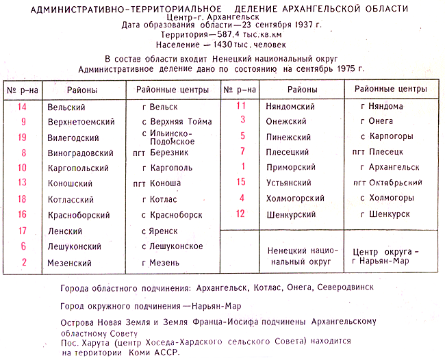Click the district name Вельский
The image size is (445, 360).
66,107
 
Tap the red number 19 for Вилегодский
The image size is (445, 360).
23,137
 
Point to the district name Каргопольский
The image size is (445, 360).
78,168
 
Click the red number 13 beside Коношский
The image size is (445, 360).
23,183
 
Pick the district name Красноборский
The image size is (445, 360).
79,215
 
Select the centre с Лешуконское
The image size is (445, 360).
172,246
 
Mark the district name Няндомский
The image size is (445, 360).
290,107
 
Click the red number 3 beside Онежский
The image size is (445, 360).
242,120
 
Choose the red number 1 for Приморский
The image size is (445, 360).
242,166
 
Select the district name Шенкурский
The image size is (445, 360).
290,214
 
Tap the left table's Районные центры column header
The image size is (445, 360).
168,90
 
